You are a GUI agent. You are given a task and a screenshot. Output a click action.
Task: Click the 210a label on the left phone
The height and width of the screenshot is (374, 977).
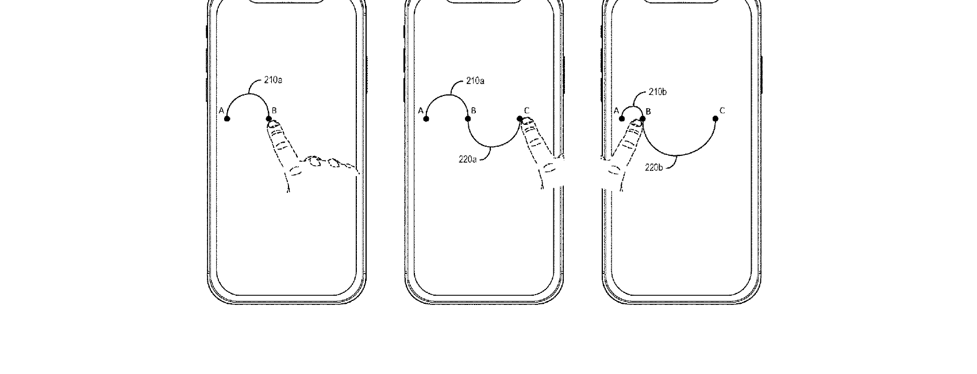273,80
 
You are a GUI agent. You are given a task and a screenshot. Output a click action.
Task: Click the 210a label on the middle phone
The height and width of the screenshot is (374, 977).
475,81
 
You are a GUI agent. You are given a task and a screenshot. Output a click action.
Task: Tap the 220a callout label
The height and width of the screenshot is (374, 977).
468,159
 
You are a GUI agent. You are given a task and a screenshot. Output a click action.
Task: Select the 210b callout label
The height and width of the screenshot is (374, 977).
657,91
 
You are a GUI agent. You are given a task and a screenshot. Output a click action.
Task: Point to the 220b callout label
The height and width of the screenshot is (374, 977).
654,167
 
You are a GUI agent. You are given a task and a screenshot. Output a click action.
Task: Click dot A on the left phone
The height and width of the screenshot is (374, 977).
227,119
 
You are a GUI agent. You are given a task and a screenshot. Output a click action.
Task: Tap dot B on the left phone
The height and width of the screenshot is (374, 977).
269,119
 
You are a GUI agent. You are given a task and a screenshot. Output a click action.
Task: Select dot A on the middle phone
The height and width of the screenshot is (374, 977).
426,119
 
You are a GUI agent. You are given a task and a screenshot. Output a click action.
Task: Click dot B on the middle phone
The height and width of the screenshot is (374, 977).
468,119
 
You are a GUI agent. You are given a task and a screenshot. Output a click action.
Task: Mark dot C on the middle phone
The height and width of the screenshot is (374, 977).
520,119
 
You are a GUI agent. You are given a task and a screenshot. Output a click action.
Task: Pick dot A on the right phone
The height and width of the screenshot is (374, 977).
621,119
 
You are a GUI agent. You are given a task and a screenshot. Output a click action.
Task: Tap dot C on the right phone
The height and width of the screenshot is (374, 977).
716,119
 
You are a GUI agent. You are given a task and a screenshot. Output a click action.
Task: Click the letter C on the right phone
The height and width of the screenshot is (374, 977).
722,110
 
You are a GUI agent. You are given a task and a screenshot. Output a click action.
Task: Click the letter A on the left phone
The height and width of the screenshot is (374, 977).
221,110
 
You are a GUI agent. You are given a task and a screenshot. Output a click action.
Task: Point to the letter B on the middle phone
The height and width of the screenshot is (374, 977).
474,110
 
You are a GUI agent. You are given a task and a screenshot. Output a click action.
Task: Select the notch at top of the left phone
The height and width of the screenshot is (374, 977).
287,1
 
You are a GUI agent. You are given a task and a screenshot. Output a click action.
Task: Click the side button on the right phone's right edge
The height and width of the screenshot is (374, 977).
761,75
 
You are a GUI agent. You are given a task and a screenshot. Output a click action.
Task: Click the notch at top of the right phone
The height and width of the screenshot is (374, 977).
681,1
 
